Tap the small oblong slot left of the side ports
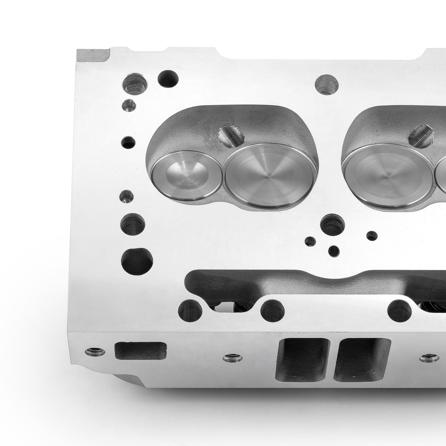[x=140, y=350]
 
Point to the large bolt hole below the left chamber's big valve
[x=332, y=224]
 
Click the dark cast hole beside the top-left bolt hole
[x=168, y=79]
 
